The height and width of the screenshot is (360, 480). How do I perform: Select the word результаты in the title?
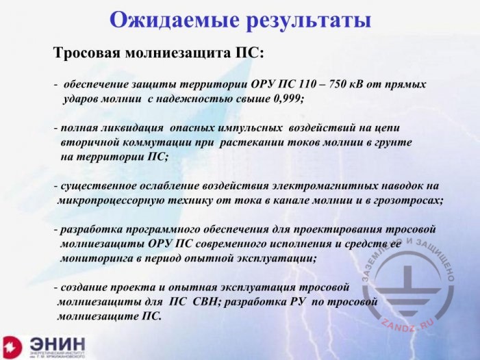coord(306,21)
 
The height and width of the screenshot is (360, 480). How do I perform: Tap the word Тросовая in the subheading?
coord(88,53)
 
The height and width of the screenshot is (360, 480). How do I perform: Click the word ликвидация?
coord(131,128)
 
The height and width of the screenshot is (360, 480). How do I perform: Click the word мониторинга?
coord(96,259)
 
